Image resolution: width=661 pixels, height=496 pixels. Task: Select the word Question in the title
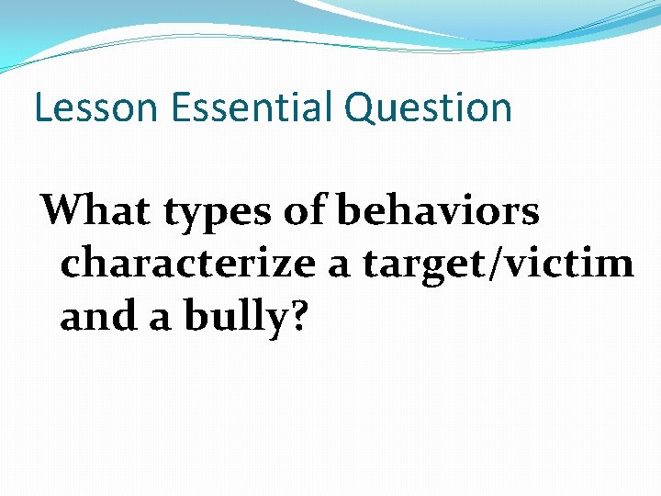point(429,107)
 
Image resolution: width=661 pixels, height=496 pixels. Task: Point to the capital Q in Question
point(359,107)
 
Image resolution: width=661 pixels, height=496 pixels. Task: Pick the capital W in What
point(62,211)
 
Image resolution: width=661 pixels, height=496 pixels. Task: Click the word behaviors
point(438,211)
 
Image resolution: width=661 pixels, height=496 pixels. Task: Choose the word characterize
point(185,265)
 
